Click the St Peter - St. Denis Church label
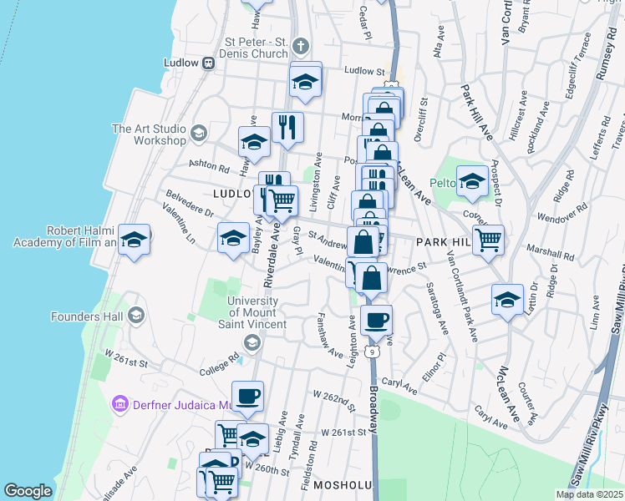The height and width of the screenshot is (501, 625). click(x=257, y=48)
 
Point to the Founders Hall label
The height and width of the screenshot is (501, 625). click(x=87, y=316)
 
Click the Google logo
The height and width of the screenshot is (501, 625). click(x=28, y=491)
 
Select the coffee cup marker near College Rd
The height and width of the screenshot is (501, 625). click(x=246, y=397)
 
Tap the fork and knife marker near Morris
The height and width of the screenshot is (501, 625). click(x=287, y=128)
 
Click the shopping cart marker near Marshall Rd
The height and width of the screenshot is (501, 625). click(x=488, y=240)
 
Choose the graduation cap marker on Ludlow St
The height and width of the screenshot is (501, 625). click(x=306, y=82)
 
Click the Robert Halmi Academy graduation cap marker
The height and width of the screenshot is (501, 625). click(x=134, y=241)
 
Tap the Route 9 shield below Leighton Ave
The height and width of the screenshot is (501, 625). click(x=376, y=351)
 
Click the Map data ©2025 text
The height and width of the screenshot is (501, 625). click(x=588, y=494)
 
